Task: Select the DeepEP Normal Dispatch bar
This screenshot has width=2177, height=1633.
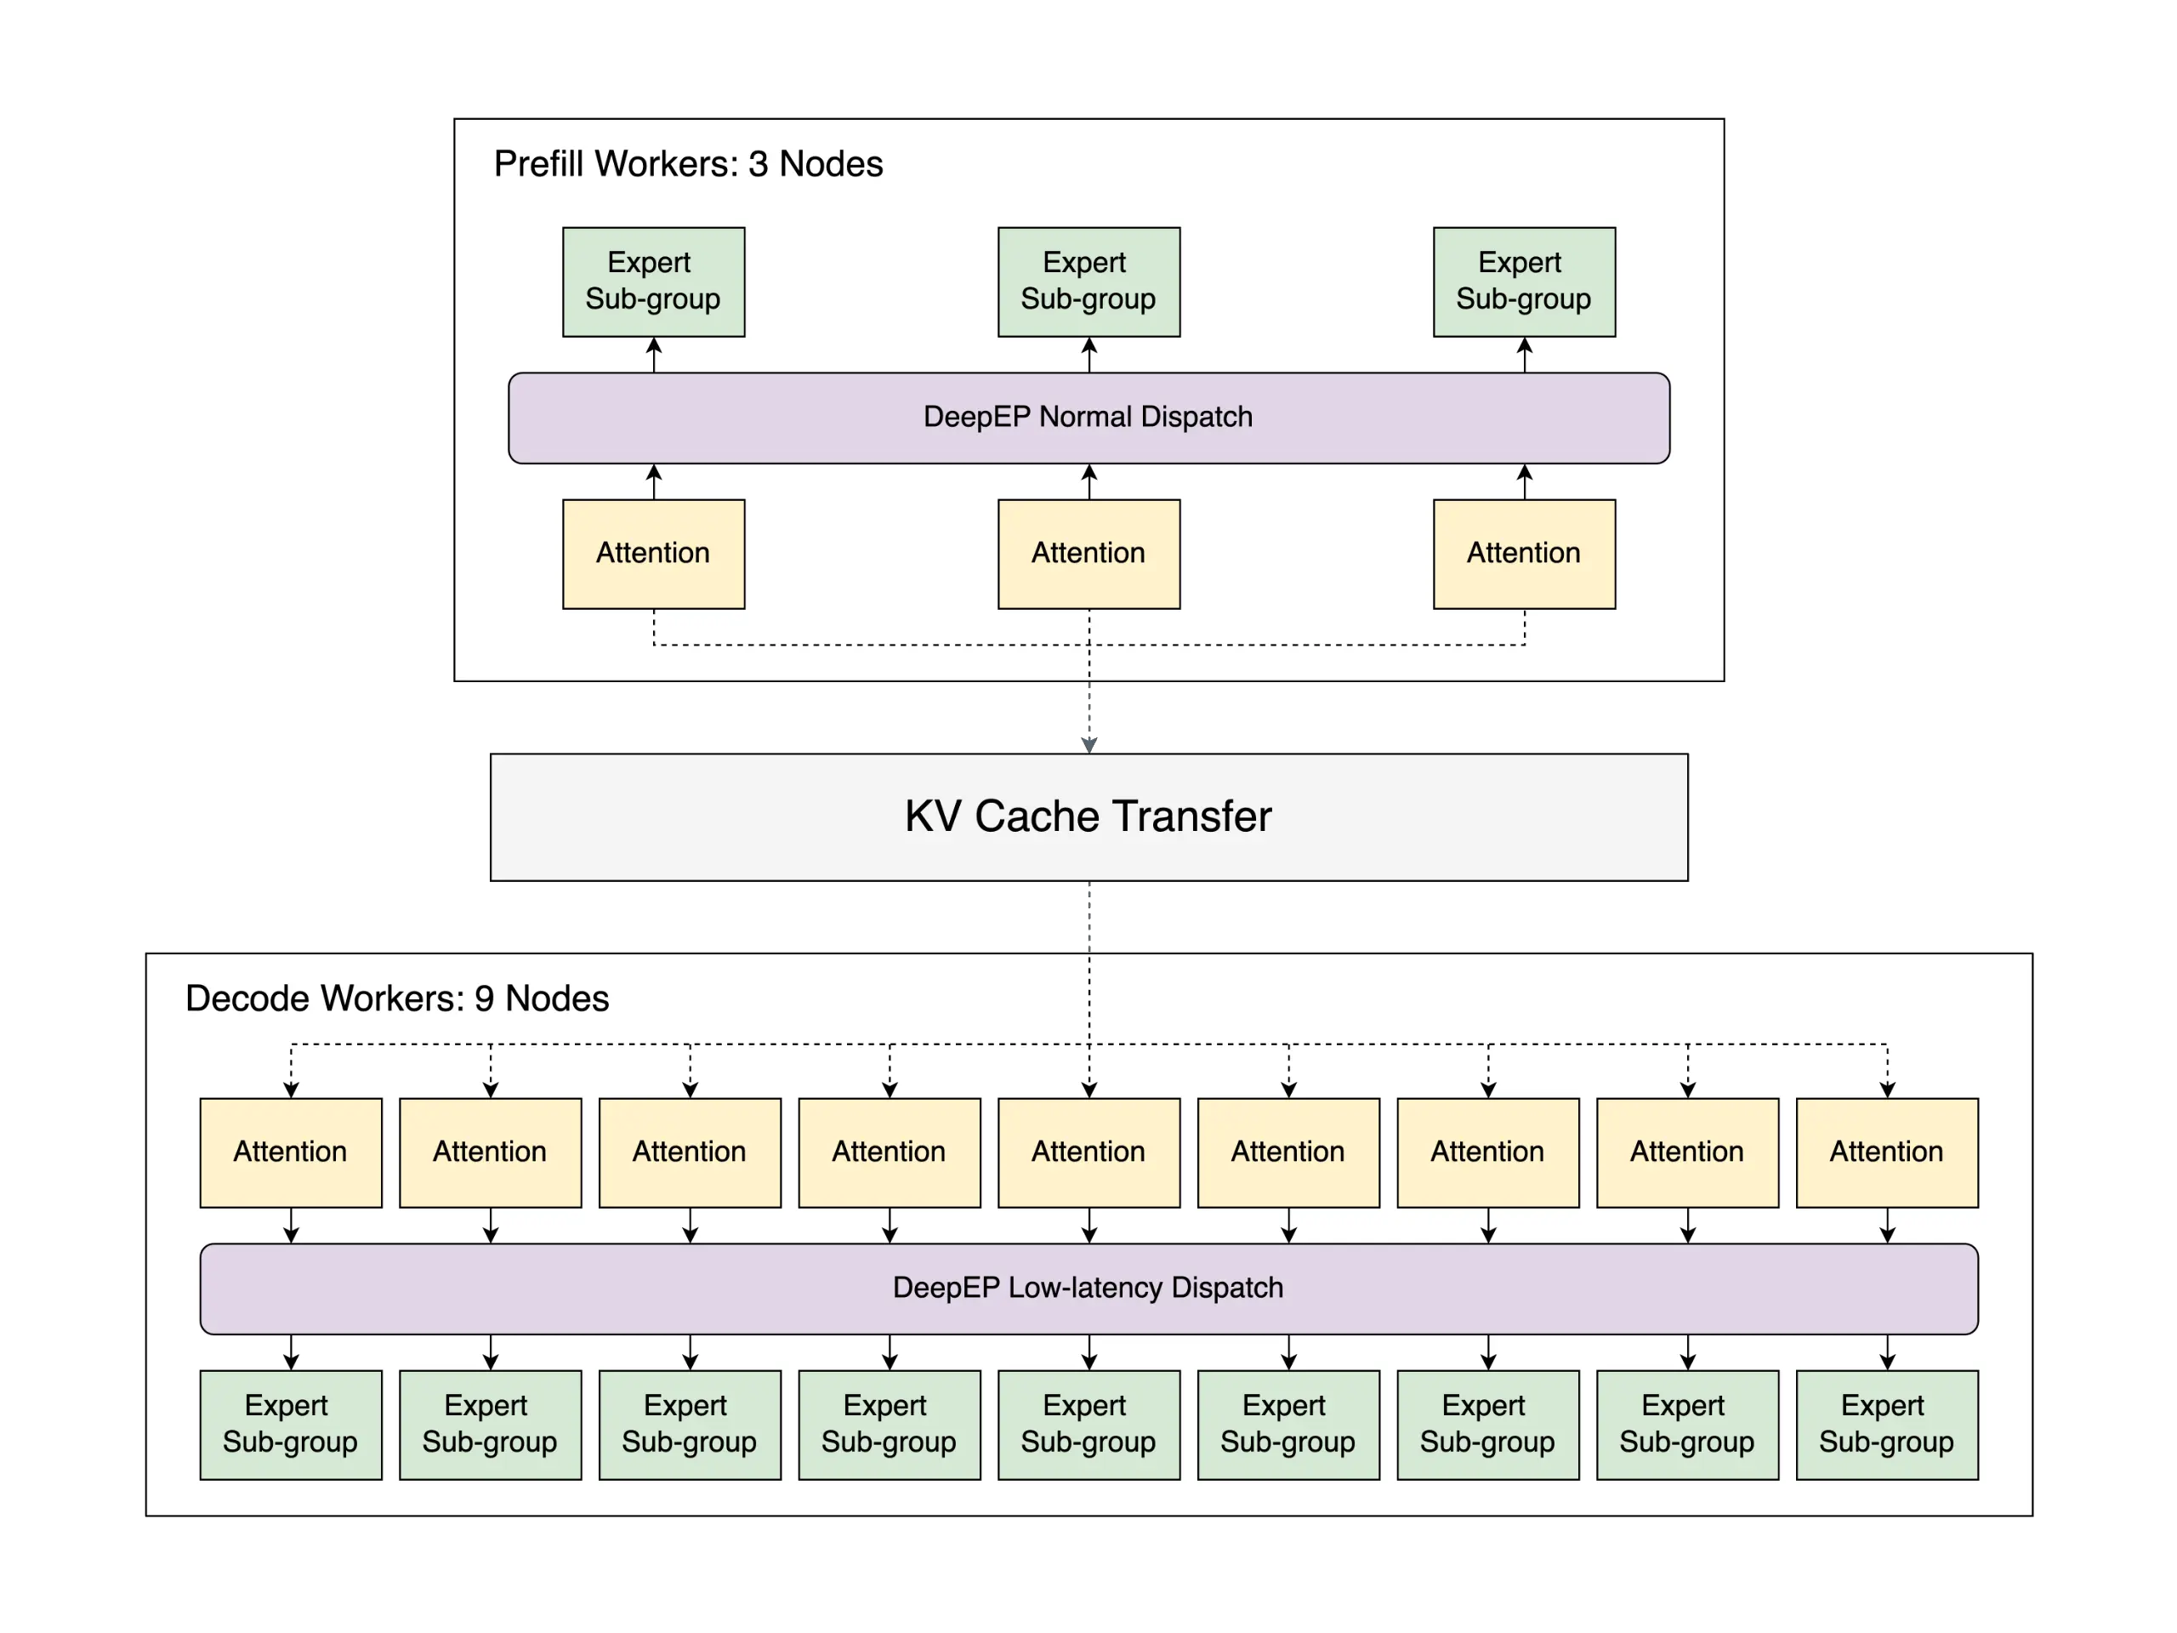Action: pyautogui.click(x=1088, y=418)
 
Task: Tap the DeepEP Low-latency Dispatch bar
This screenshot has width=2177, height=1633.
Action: pyautogui.click(x=1088, y=1289)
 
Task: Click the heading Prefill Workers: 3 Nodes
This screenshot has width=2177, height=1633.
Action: pyautogui.click(x=688, y=164)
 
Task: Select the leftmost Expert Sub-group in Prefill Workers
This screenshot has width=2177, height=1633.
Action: pyautogui.click(x=653, y=282)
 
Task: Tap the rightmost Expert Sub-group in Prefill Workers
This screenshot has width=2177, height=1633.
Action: pyautogui.click(x=1524, y=282)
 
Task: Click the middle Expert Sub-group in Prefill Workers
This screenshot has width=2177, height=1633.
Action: pyautogui.click(x=1088, y=282)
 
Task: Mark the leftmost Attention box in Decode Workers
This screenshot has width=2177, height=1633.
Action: pyautogui.click(x=290, y=1152)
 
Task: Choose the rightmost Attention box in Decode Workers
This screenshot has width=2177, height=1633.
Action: pyautogui.click(x=1887, y=1152)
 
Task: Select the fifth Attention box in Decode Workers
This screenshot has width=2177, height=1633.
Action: pyautogui.click(x=1088, y=1152)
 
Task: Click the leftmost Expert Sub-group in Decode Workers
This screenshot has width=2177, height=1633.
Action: pyautogui.click(x=290, y=1425)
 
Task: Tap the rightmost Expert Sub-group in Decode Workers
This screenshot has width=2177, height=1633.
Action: pyautogui.click(x=1887, y=1425)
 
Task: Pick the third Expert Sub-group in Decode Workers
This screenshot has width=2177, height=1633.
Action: pyautogui.click(x=689, y=1425)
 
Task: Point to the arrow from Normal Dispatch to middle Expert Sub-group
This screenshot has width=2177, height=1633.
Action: pyautogui.click(x=1088, y=355)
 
